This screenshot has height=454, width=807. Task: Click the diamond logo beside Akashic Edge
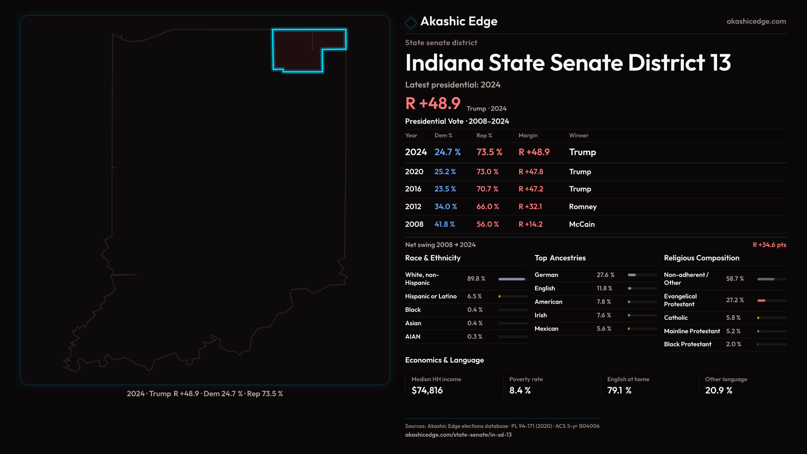[411, 22]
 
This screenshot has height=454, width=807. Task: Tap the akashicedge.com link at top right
[756, 21]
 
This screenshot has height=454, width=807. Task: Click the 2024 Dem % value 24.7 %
[447, 152]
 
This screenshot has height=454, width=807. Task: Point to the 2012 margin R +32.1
[530, 207]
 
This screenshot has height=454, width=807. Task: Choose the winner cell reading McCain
[582, 224]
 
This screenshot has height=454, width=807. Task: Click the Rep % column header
[484, 135]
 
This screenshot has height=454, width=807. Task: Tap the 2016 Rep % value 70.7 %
[487, 189]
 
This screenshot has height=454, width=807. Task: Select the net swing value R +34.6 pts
[769, 245]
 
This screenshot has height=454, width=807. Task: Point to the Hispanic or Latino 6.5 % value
[475, 296]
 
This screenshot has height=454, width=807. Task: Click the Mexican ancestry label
[546, 329]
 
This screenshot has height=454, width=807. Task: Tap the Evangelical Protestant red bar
[762, 301]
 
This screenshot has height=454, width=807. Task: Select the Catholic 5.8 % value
[733, 318]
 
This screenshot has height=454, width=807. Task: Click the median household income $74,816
[427, 391]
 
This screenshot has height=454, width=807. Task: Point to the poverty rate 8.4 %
[520, 391]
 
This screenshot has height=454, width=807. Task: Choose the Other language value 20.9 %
[719, 391]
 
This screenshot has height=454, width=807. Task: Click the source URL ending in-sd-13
[458, 435]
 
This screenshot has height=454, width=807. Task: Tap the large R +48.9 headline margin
[433, 103]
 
